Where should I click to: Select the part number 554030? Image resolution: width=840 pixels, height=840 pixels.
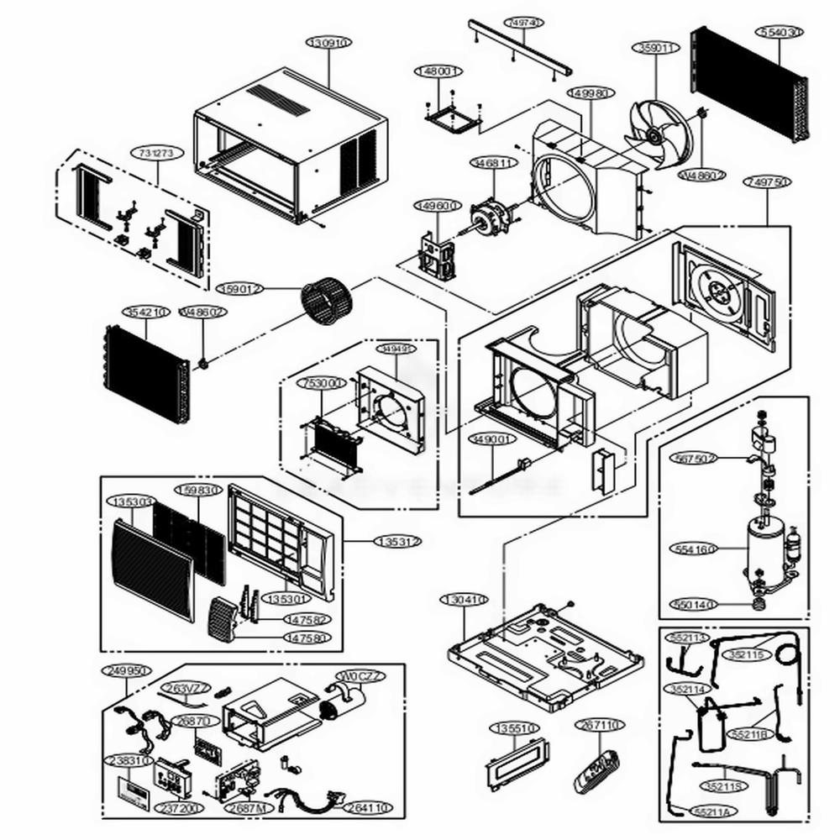pos(780,32)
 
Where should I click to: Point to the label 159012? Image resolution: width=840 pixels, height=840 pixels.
pos(240,288)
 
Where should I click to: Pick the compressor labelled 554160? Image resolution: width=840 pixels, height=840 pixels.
pos(765,549)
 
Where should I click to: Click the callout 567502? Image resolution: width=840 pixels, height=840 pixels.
pos(695,458)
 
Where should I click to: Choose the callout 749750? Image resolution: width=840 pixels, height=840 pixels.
pos(766,181)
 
